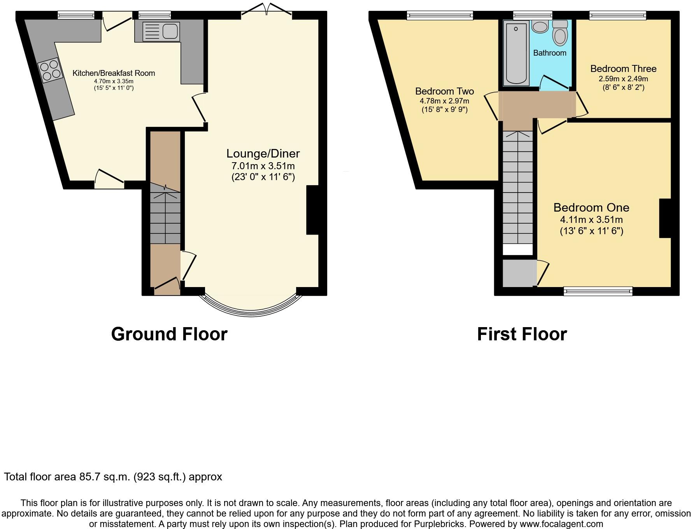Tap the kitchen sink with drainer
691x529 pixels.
tap(161, 31)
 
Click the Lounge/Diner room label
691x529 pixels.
tap(263, 154)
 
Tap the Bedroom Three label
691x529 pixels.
tap(623, 69)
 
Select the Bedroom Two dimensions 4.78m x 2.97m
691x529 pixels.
tap(444, 101)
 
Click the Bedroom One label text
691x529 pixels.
tap(591, 208)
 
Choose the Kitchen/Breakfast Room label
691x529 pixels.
tap(114, 73)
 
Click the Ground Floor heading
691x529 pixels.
tap(169, 334)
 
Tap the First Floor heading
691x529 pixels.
tap(522, 334)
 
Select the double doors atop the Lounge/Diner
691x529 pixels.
tap(267, 10)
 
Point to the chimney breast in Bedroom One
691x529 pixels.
tap(665, 218)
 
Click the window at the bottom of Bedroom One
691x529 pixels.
tap(598, 291)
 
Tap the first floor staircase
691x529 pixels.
tap(517, 187)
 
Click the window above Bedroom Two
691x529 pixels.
tap(440, 15)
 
